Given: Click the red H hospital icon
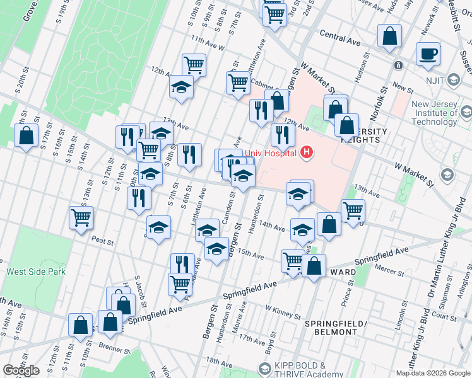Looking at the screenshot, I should (x=307, y=152).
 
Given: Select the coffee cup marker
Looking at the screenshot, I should (x=428, y=55).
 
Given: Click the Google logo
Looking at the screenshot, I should (x=21, y=370).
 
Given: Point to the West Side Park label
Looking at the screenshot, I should (x=36, y=272).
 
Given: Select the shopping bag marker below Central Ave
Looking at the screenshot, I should (x=389, y=37).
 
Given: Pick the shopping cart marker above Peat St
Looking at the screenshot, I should (x=81, y=218).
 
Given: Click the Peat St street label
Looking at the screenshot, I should (x=102, y=240).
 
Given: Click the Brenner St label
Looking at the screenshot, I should (x=112, y=346).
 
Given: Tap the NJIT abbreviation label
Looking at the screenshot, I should (x=454, y=80).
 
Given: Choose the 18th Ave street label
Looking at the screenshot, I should (x=219, y=361).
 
